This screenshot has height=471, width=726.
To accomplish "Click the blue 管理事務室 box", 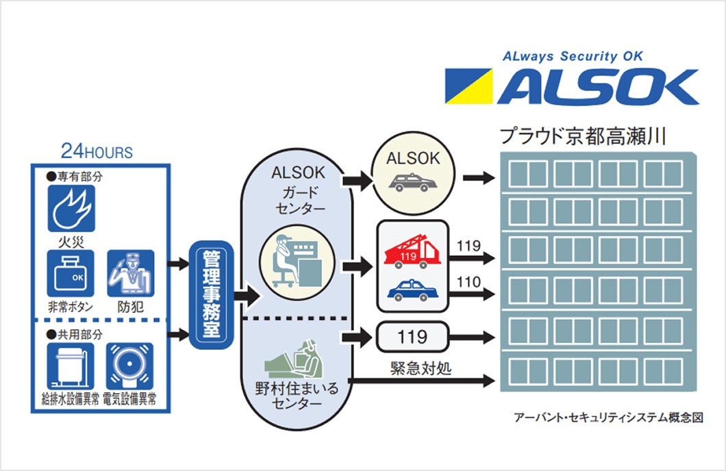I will click(x=211, y=295).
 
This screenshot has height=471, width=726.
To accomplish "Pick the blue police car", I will click(x=412, y=290).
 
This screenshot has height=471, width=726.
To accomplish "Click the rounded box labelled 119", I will click(x=412, y=337).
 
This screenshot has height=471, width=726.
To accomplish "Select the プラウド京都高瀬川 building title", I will click(x=584, y=136).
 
